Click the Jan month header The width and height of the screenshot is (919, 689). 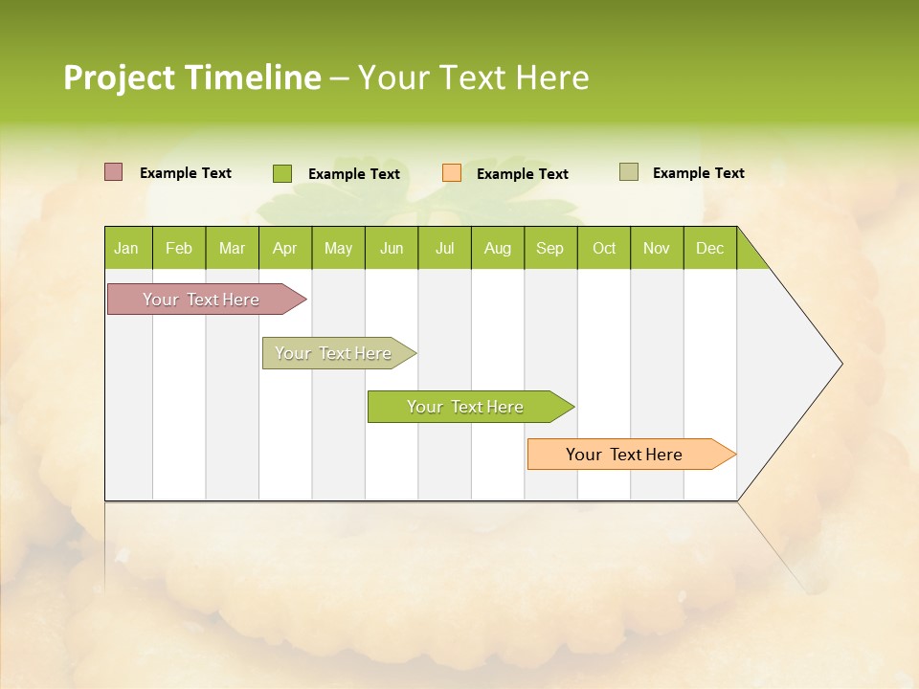(x=126, y=249)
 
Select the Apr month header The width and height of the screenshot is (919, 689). (x=284, y=249)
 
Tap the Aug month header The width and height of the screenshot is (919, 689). (x=497, y=249)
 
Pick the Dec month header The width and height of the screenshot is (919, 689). (x=709, y=249)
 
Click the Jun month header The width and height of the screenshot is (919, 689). (x=392, y=249)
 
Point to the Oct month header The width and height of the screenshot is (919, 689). (x=604, y=249)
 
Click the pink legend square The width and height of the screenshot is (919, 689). (x=113, y=172)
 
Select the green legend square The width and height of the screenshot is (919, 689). (x=281, y=173)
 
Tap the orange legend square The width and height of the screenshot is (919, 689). (x=452, y=173)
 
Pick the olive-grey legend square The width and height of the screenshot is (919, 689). (x=628, y=172)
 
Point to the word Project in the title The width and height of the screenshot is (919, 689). (x=120, y=78)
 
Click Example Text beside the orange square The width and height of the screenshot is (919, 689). (x=523, y=174)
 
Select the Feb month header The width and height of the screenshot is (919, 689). (x=179, y=249)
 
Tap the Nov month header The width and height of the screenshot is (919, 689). (x=657, y=249)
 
